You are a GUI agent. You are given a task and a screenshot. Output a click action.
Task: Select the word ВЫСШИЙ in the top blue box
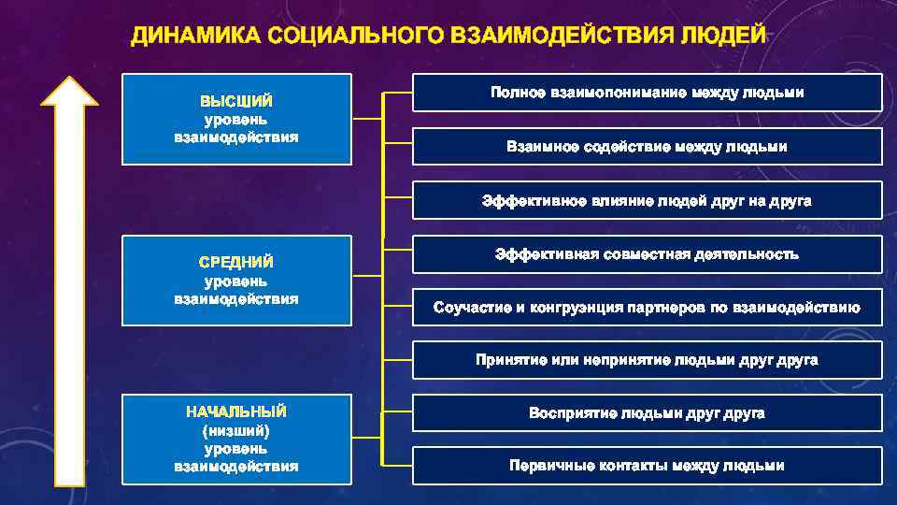pos(236,101)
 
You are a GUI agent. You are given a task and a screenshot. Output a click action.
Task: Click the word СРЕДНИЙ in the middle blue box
pos(236,262)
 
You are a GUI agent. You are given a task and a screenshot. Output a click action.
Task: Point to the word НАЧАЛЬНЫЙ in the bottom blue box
pos(236,411)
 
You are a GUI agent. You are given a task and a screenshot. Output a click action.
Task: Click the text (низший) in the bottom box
pos(236,430)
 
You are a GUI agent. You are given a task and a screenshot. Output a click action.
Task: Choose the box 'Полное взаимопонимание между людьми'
pos(647,93)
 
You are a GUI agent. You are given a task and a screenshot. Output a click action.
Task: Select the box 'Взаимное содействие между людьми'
pos(647,147)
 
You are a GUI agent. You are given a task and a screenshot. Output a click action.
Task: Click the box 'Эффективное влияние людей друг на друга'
pos(647,200)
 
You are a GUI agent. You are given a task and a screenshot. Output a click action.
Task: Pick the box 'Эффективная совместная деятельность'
pos(647,254)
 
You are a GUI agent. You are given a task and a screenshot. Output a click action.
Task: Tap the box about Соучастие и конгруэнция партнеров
pos(647,308)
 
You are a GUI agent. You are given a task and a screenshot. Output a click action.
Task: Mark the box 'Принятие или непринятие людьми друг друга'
pos(647,360)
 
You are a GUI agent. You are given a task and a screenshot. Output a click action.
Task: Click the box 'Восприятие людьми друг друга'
pos(647,412)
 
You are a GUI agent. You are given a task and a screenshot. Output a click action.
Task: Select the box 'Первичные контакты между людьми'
pos(647,466)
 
